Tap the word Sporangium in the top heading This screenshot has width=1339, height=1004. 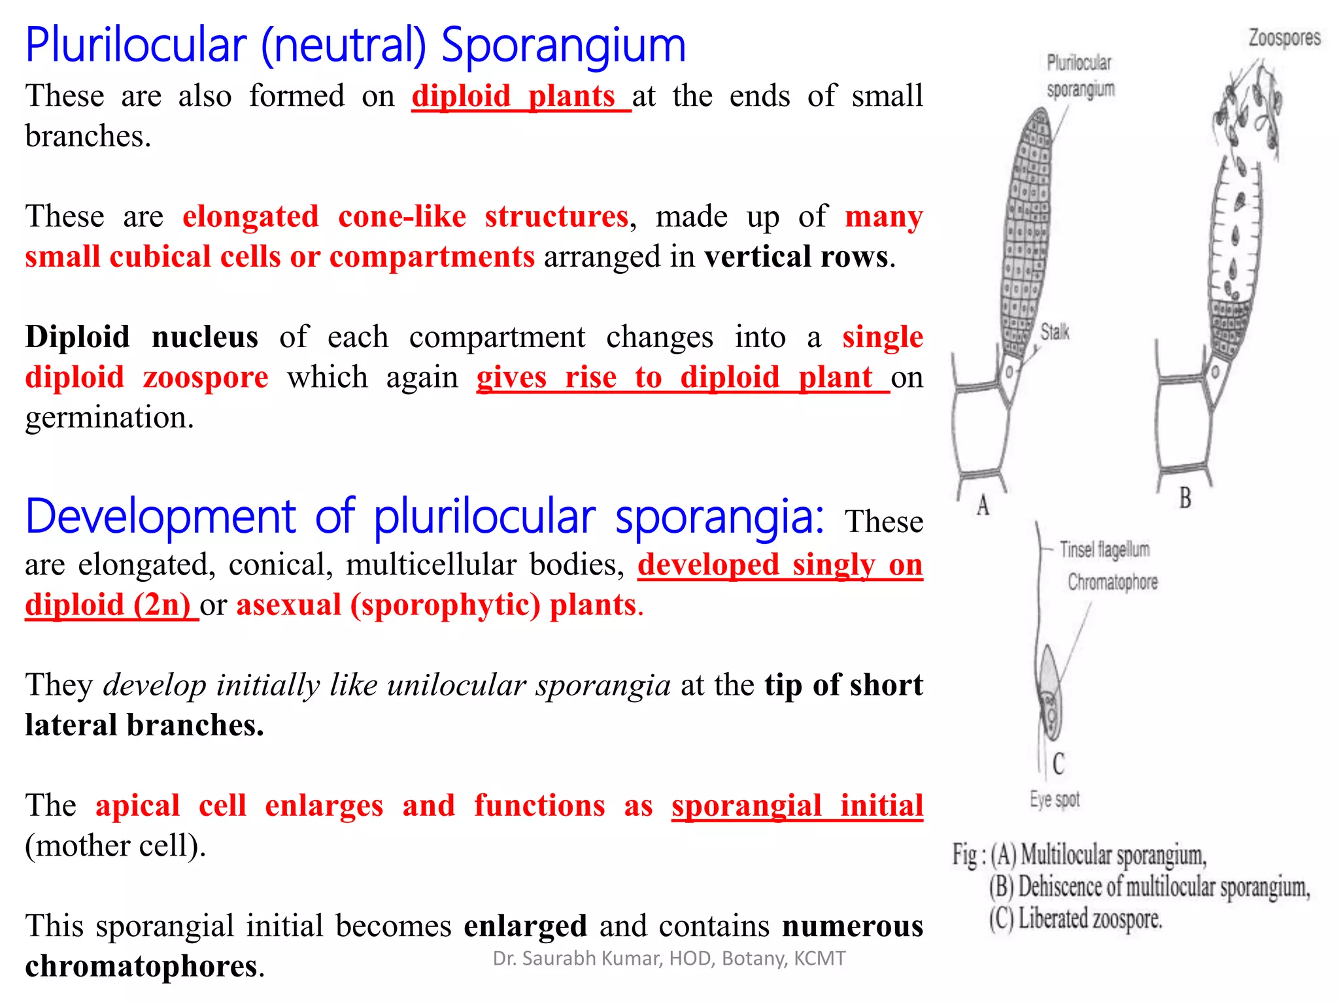pos(564,46)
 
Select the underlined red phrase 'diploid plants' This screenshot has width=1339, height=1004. pos(513,97)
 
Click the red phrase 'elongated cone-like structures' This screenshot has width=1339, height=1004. pos(405,217)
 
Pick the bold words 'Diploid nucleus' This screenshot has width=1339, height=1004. pos(141,337)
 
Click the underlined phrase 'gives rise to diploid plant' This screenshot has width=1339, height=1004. pos(674,378)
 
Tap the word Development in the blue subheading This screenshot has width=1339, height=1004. pos(161,517)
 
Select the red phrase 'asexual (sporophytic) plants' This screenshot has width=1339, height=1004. pos(436,605)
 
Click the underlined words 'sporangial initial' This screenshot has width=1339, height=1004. pos(797,806)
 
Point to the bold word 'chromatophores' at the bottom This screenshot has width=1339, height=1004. pos(141,967)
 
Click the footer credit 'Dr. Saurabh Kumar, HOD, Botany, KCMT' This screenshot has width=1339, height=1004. pos(669,958)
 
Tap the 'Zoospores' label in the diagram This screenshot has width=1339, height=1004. pos(1284,38)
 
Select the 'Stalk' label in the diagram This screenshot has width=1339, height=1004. pos(1055,332)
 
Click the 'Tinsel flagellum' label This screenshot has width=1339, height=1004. pos(1104,550)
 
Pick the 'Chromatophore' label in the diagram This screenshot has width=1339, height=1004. pos(1112,582)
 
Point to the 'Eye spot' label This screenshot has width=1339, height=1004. pos(1055,799)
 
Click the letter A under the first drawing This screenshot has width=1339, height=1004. pos(983,505)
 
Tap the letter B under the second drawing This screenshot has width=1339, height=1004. pos(1185,498)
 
